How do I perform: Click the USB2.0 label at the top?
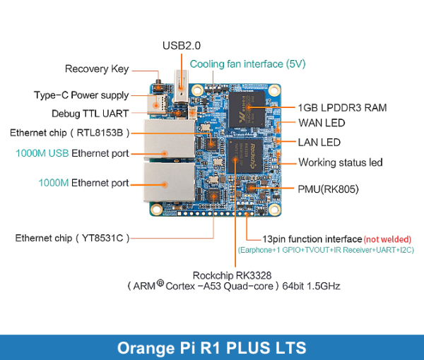[182, 46]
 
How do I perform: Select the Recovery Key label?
[97, 69]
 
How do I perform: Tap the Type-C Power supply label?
[81, 95]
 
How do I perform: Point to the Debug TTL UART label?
[90, 113]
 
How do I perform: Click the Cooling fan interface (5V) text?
[247, 64]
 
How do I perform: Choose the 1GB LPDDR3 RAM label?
[342, 108]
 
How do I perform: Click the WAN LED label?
[322, 124]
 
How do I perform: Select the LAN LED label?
[319, 142]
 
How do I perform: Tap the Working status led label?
[340, 162]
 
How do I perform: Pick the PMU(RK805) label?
[329, 188]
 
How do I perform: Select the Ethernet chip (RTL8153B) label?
[71, 133]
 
